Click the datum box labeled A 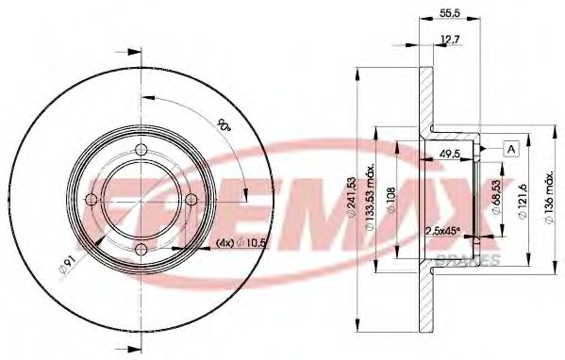click(510, 148)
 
